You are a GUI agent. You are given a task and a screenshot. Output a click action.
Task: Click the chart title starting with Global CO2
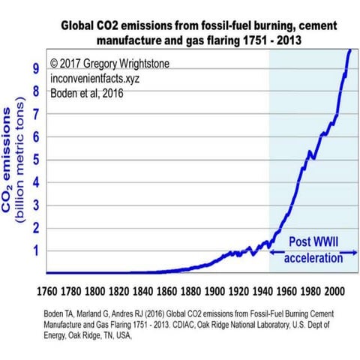tap(199, 32)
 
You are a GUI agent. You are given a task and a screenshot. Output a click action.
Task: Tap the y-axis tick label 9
tap(33, 68)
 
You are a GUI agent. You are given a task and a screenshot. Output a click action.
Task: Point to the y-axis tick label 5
tap(33, 160)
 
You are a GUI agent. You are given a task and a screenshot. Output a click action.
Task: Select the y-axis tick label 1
tap(33, 251)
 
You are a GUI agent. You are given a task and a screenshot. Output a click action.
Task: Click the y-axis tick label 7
tap(33, 114)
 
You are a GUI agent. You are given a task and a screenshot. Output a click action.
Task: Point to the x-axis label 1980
tap(310, 288)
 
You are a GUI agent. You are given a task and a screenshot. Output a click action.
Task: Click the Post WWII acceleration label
tap(313, 249)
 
